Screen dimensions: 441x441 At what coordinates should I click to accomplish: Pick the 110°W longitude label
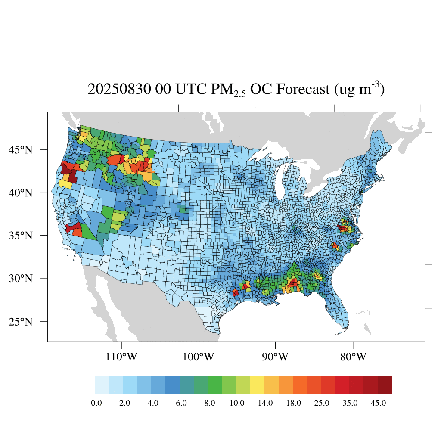click(x=121, y=357)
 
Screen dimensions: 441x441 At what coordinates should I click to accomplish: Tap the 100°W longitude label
click(x=199, y=357)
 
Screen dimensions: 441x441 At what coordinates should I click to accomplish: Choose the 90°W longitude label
click(x=275, y=357)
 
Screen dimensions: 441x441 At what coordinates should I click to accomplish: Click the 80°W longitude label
click(x=354, y=357)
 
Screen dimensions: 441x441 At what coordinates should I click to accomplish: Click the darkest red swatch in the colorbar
click(x=385, y=385)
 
